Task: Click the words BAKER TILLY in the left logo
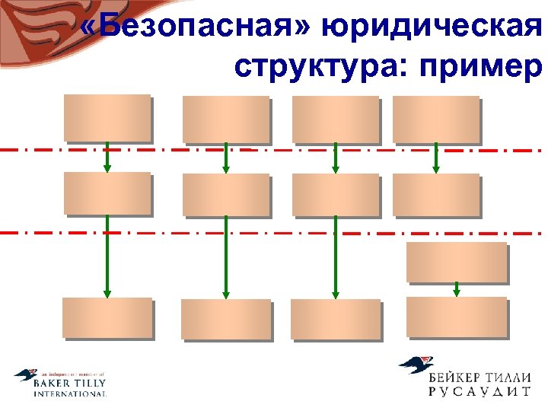click(x=69, y=384)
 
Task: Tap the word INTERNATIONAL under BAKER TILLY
click(x=69, y=394)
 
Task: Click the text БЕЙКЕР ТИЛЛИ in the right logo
click(x=479, y=374)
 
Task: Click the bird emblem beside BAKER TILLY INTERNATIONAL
click(x=26, y=375)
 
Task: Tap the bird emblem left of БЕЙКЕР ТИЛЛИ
click(x=417, y=366)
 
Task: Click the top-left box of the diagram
click(x=107, y=118)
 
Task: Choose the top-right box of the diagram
click(x=436, y=119)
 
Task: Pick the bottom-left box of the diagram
click(x=107, y=317)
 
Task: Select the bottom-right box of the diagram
click(x=457, y=316)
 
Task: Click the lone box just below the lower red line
click(x=457, y=262)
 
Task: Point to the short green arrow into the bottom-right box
click(x=457, y=289)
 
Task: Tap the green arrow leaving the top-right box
click(x=436, y=158)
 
